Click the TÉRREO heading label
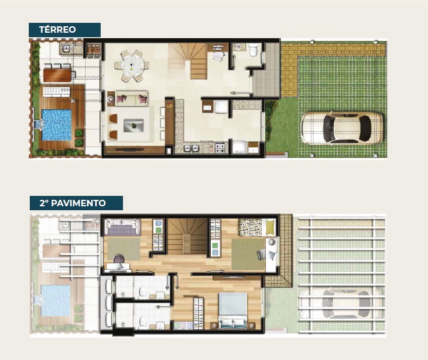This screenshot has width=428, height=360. tap(58, 29)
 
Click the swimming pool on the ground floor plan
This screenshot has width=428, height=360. tap(57, 125)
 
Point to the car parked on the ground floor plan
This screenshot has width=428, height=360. tap(342, 128)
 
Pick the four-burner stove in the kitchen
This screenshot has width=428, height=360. tap(221, 148)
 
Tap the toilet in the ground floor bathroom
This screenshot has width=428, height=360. tap(253, 50)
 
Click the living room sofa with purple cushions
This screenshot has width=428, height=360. tap(131, 98)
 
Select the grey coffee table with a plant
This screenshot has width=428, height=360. tap(133, 125)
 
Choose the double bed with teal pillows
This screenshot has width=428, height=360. tap(233, 311)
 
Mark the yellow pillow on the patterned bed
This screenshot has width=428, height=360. tap(270, 227)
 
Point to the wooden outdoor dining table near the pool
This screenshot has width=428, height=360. tap(58, 75)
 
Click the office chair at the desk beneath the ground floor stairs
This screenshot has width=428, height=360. tap(219, 56)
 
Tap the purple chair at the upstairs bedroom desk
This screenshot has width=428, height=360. tap(119, 259)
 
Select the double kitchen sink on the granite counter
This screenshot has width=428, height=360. tap(191, 148)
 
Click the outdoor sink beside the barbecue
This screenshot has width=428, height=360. tap(66, 49)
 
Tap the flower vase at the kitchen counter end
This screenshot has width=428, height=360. tap(170, 105)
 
